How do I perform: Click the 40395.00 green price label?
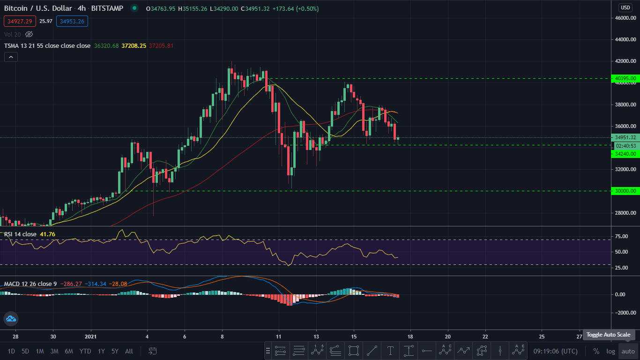pos(625,78)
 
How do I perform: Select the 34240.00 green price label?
pos(625,154)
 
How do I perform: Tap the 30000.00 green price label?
pos(625,191)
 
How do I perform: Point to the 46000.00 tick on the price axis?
pos(625,18)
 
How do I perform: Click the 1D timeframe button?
pos(11,351)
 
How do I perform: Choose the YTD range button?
pos(85,351)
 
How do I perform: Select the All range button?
pos(129,351)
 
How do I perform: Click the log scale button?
pos(610,351)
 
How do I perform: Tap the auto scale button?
pos(628,351)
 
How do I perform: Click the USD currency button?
pos(625,7)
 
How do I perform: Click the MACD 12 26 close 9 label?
pos(31,284)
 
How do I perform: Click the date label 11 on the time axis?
pos(279,337)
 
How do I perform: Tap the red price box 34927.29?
pos(20,21)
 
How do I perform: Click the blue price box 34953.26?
pos(72,21)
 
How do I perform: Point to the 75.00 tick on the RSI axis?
pos(621,236)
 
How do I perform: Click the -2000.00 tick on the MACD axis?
pos(625,313)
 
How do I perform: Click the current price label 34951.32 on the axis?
pos(625,137)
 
